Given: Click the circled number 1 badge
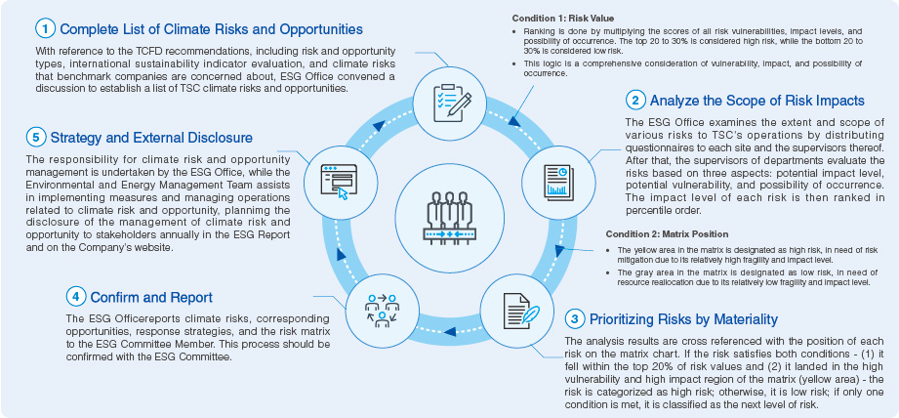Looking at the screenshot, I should pyautogui.click(x=43, y=29).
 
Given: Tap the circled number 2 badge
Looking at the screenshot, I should pyautogui.click(x=635, y=100).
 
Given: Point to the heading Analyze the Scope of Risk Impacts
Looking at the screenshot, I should pyautogui.click(x=756, y=100).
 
